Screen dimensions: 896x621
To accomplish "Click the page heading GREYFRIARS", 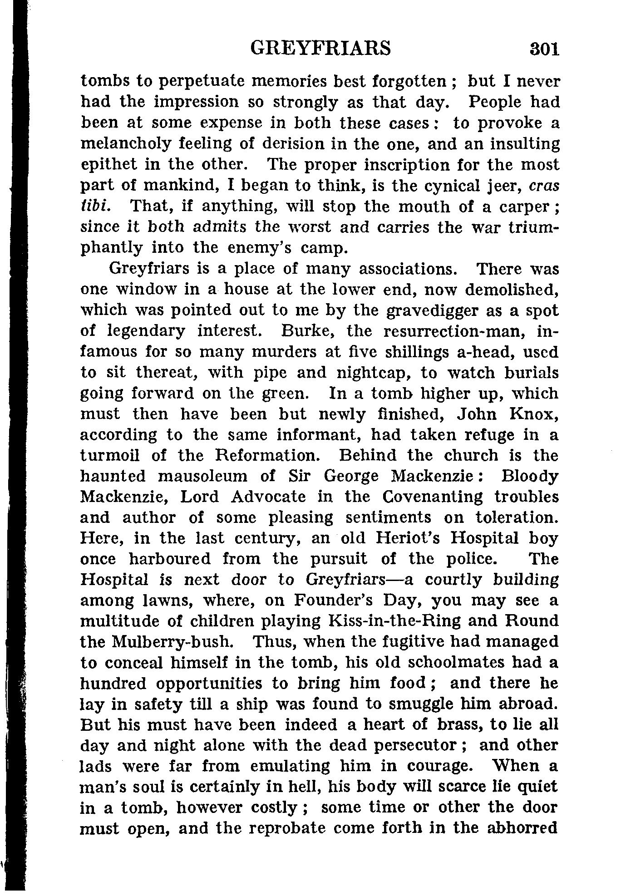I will pos(320,48).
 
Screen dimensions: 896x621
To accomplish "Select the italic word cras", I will pos(544,186).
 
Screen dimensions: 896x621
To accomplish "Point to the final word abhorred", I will pos(522,829).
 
